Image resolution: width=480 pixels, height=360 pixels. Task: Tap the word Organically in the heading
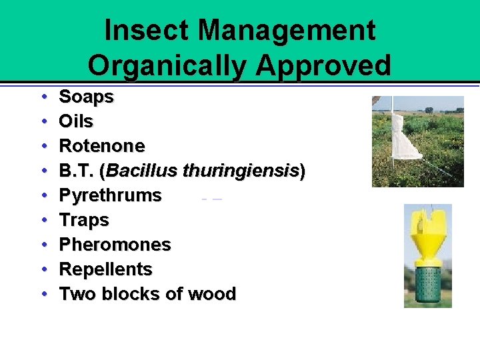[x=161, y=65]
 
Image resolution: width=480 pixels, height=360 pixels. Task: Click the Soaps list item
[x=86, y=97]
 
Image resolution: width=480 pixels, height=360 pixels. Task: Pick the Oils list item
[x=76, y=122]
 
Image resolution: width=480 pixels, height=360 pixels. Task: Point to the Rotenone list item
[x=101, y=146]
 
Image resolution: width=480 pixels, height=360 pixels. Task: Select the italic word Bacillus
[x=141, y=171]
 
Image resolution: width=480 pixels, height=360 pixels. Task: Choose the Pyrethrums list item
[x=110, y=195]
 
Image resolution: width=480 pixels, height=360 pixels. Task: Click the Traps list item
[x=84, y=220]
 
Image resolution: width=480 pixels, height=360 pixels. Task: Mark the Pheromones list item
[x=115, y=245]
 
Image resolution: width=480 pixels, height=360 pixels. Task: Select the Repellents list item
[x=105, y=269]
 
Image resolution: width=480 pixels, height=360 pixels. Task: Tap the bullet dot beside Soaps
[x=43, y=97]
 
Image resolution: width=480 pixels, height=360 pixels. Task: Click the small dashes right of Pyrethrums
[x=211, y=199]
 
